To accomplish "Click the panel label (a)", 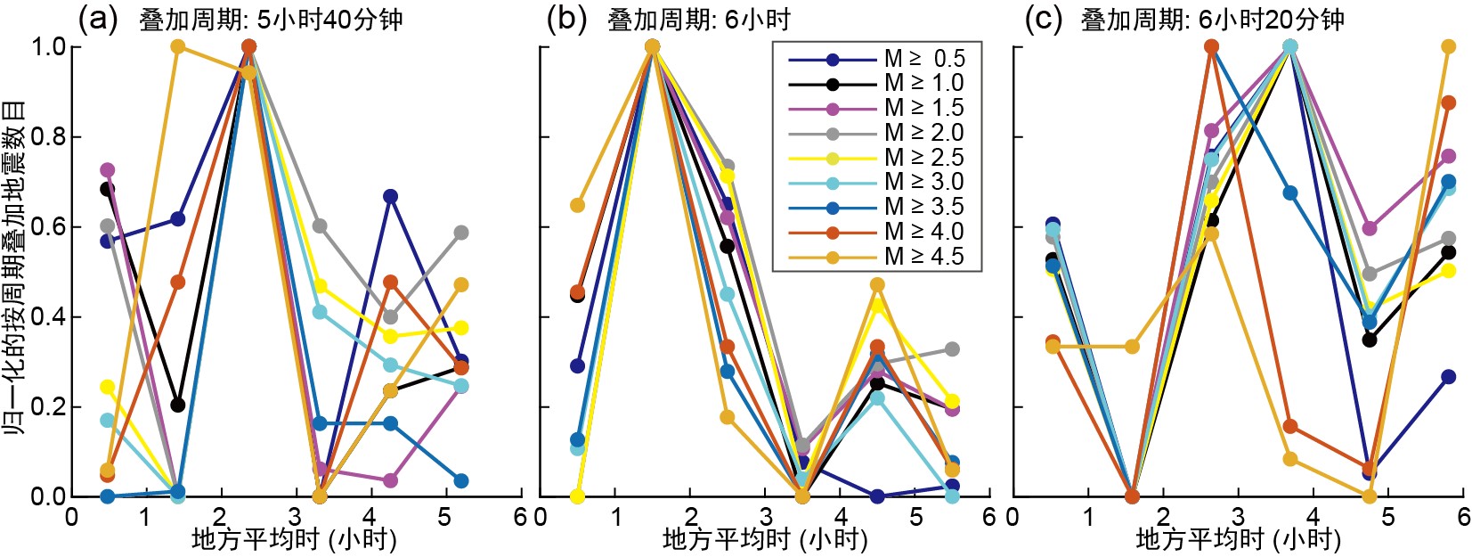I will click(98, 19).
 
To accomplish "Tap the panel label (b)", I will click(566, 19).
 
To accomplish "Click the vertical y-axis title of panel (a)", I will click(14, 267).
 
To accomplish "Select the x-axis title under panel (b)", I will click(764, 539).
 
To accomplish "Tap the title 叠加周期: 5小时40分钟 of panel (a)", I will click(271, 20).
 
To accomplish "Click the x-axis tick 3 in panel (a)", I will click(295, 517).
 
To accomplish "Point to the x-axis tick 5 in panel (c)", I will click(1387, 517).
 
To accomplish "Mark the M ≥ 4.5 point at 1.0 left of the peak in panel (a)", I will click(177, 46).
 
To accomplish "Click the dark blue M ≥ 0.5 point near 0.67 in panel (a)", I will click(390, 197).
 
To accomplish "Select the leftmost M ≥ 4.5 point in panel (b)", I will click(577, 206).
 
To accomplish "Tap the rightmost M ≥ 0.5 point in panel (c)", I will click(1448, 377).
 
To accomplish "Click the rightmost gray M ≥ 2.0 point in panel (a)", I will click(461, 233).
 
